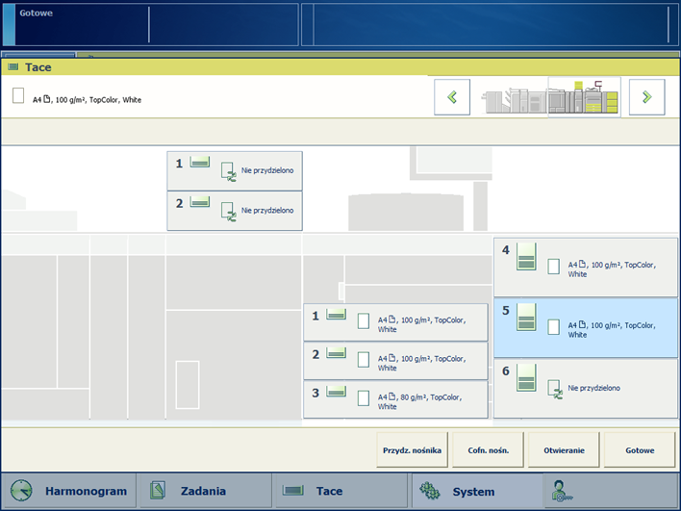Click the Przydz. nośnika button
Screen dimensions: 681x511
412,449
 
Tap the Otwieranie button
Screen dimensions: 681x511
564,449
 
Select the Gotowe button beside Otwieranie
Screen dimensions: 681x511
640,449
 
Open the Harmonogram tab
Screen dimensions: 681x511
68,491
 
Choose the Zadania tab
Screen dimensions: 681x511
204,491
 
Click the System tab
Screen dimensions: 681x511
476,491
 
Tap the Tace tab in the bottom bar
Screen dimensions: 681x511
340,491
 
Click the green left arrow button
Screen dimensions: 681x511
452,97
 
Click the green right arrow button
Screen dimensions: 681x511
646,97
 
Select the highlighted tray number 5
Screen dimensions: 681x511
586,327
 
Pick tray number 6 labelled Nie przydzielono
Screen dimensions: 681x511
586,389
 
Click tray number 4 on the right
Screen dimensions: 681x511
586,267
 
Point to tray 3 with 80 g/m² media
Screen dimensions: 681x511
395,399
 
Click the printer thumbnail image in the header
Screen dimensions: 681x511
550,97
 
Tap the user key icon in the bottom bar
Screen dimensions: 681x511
562,491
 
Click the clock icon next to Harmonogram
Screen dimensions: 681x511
21,491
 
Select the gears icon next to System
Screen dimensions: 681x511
430,491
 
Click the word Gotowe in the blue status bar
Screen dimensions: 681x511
36,13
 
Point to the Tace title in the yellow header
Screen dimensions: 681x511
38,67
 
